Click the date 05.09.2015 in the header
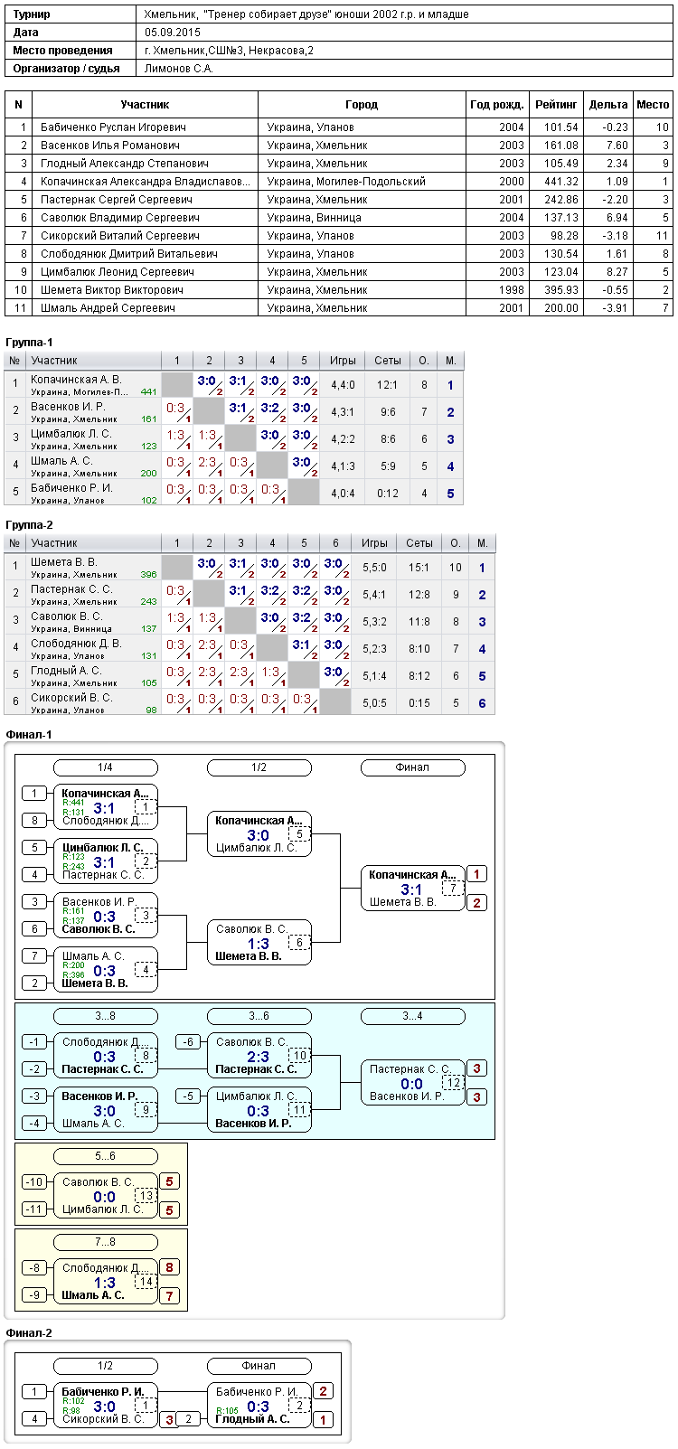click(172, 33)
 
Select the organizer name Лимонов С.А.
click(179, 69)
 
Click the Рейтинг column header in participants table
click(556, 105)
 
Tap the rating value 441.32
click(560, 182)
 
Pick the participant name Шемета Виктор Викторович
click(112, 290)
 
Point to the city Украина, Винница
click(315, 218)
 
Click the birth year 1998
click(511, 290)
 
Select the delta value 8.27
click(617, 272)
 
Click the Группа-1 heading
click(29, 343)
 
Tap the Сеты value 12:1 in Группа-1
click(387, 385)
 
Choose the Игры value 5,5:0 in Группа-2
click(374, 568)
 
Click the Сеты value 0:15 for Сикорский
click(419, 703)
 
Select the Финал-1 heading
click(28, 735)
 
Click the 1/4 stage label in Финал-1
click(106, 767)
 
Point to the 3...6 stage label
click(259, 1016)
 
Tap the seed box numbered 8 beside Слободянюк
click(34, 820)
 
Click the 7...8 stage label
click(106, 1242)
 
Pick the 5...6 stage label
click(106, 1156)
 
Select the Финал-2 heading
click(28, 1333)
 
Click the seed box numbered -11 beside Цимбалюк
click(34, 1209)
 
